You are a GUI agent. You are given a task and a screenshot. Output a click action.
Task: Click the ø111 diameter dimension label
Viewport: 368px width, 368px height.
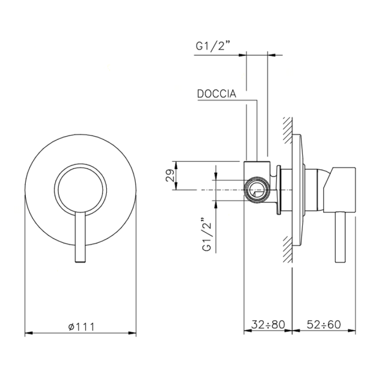(x=81, y=327)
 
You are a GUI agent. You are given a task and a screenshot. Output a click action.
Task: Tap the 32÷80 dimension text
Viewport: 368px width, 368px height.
(x=268, y=325)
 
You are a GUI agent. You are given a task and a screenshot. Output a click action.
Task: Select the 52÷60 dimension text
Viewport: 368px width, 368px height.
(x=324, y=325)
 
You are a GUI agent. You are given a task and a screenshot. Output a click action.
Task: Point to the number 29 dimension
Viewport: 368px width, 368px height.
(x=170, y=175)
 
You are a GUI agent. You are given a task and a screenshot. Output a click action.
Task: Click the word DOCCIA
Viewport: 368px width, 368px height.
(x=217, y=94)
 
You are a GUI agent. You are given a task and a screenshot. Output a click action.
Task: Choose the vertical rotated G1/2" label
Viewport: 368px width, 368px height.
(x=207, y=235)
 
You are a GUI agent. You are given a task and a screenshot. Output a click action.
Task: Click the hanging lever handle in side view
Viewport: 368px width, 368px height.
(x=340, y=237)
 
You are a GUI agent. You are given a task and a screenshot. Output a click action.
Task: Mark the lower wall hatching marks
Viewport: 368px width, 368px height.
(x=287, y=249)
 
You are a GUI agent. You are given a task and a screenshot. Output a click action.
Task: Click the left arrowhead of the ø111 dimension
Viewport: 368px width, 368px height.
(x=28, y=333)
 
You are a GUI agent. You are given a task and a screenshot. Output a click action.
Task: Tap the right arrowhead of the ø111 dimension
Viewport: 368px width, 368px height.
(x=132, y=333)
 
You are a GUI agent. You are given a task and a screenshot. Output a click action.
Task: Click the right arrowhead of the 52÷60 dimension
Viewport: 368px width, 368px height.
(x=352, y=331)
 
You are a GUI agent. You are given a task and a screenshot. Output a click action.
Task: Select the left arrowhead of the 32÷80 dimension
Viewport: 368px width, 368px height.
(x=247, y=331)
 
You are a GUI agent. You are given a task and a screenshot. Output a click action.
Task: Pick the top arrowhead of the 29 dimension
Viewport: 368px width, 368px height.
(x=177, y=165)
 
